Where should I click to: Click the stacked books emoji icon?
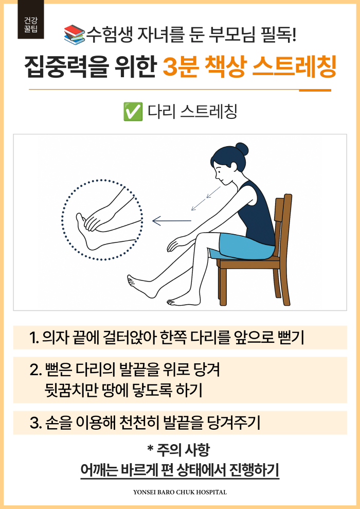75,34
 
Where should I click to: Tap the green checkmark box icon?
133,111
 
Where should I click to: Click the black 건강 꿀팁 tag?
31,20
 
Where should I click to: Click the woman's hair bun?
242,149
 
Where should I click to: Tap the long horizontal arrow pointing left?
172,221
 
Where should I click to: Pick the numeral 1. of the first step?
34,338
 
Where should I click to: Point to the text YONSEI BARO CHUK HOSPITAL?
180,492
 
